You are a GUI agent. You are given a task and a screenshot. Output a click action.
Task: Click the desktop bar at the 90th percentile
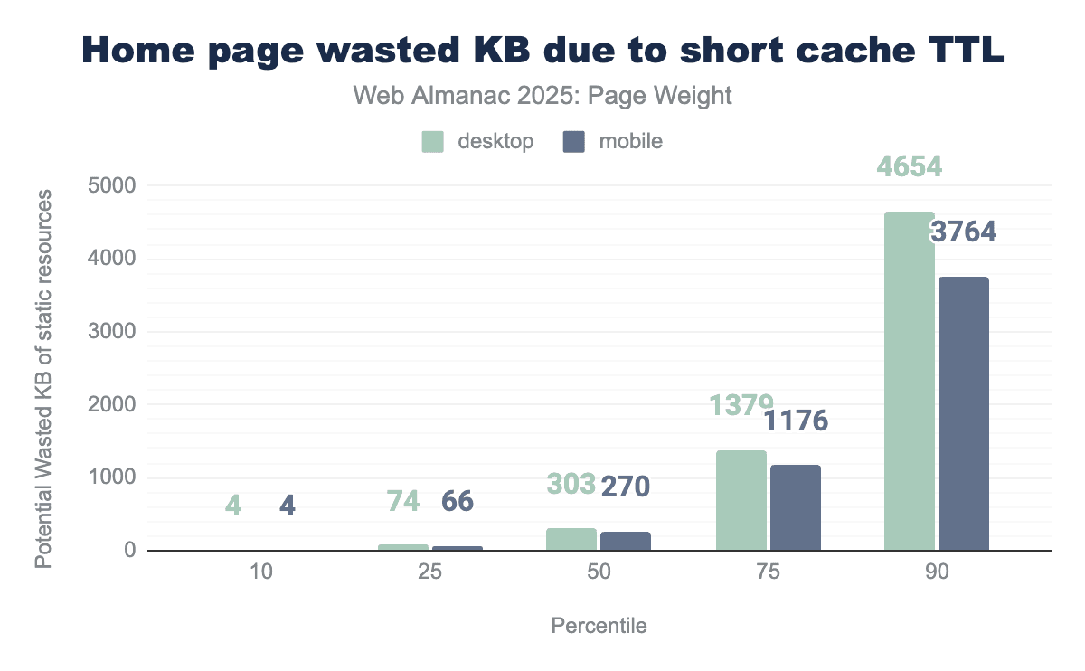(910, 381)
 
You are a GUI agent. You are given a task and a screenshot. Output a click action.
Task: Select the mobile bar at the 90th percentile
(964, 413)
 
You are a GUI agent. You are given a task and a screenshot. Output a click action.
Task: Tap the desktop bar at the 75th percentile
(741, 500)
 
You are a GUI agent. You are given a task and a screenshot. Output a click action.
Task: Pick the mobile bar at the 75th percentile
(795, 507)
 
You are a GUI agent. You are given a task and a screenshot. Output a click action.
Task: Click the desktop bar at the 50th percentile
(571, 539)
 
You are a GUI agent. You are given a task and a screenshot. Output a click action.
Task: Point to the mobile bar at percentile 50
(625, 541)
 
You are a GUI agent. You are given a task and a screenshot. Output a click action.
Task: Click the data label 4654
(910, 167)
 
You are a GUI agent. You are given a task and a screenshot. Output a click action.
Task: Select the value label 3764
(964, 232)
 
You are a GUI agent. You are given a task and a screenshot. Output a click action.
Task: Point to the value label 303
(571, 484)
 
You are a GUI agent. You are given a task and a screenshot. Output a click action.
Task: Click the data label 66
(458, 502)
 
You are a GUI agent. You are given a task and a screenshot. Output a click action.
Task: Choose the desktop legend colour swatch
(433, 141)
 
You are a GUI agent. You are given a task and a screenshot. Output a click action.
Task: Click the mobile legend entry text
(630, 141)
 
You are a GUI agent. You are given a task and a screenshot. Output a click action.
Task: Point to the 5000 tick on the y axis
(114, 186)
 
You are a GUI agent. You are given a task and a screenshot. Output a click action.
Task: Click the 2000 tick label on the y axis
(114, 405)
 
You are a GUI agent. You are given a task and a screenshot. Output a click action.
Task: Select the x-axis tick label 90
(938, 572)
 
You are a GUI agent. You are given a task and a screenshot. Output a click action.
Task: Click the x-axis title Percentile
(599, 626)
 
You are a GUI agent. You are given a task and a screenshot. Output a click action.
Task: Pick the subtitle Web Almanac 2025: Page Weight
(542, 96)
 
